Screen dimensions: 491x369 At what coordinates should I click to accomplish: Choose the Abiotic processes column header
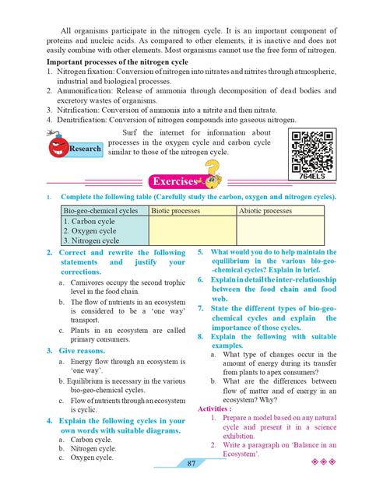[x=266, y=210]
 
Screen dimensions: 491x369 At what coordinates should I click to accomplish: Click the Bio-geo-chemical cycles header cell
[x=101, y=210]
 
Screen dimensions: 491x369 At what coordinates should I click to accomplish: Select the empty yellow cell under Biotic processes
[x=192, y=231]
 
